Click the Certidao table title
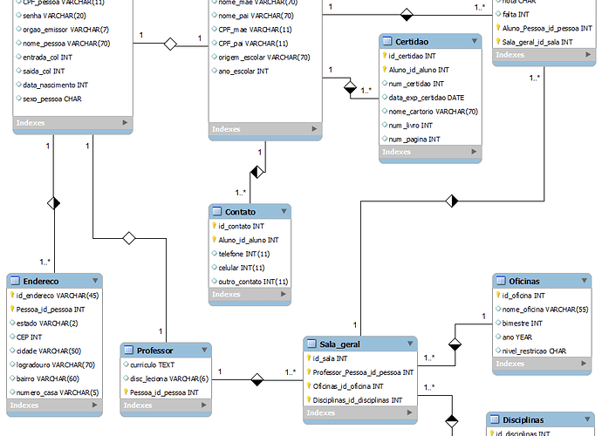(412, 42)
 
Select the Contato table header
(240, 212)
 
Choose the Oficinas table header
(517, 281)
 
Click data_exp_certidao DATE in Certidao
(427, 98)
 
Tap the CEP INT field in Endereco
(30, 337)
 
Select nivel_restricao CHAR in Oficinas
(534, 351)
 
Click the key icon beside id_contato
(214, 226)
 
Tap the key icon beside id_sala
(308, 358)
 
